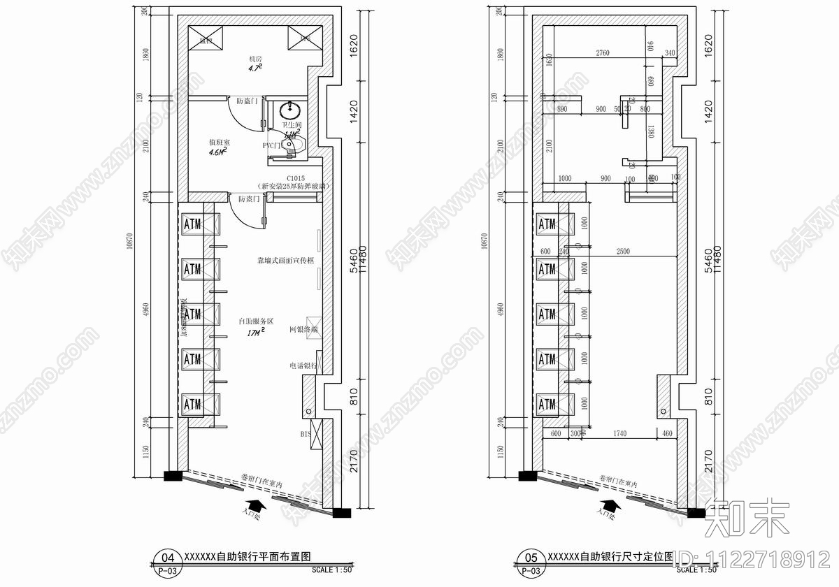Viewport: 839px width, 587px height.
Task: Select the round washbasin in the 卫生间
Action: pos(289,110)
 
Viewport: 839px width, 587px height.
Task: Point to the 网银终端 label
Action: pos(303,328)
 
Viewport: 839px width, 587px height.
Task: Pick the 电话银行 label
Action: pos(303,365)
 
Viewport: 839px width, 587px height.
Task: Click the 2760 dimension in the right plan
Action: pos(602,53)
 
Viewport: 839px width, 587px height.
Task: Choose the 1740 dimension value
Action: pos(619,434)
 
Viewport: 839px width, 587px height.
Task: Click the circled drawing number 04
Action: pos(168,558)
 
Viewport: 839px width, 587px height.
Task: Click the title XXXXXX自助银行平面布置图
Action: pos(247,557)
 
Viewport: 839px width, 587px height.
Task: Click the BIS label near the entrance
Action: pos(306,434)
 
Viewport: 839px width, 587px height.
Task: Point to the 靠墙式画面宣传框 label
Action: pos(285,260)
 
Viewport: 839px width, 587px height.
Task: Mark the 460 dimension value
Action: pos(667,434)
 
